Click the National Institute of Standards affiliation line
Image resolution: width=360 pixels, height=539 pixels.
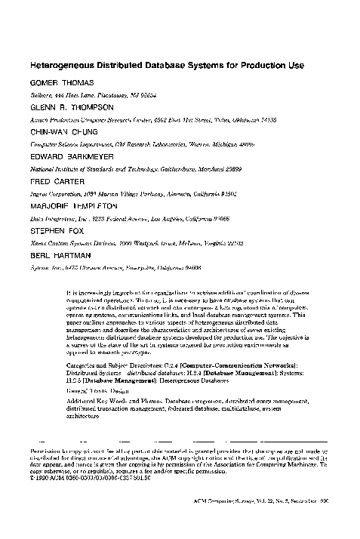click(x=135, y=171)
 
